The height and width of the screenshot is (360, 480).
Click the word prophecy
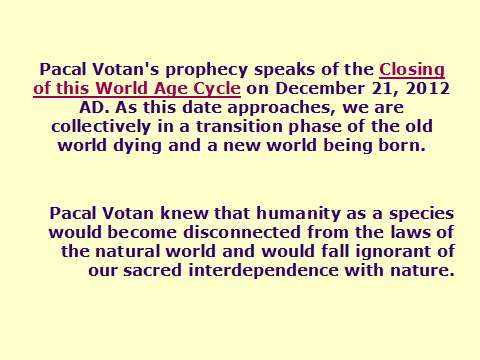[207, 70]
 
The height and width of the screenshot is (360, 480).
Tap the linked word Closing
[412, 70]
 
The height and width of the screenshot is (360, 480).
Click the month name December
[320, 89]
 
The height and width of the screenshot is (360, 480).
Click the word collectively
[101, 127]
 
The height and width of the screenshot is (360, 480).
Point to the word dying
[137, 146]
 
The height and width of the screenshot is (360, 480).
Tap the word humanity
[298, 214]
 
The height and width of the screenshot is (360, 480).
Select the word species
[422, 214]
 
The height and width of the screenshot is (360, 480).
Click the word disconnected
[242, 232]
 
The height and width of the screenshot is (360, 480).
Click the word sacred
[152, 270]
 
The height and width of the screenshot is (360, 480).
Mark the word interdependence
[263, 271]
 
